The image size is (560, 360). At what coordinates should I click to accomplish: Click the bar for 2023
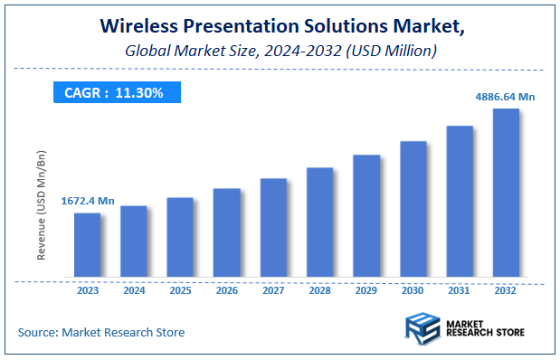(x=87, y=245)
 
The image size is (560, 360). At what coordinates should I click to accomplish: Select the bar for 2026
(x=226, y=232)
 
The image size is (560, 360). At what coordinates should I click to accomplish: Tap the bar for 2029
(x=366, y=216)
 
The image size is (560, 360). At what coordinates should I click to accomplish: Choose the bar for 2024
(x=134, y=242)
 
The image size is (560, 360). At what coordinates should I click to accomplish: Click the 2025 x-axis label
(x=180, y=291)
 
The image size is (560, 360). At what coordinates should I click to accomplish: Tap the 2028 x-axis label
(x=319, y=291)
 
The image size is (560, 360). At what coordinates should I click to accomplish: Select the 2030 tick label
(x=413, y=291)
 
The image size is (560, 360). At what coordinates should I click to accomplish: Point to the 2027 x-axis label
(x=273, y=291)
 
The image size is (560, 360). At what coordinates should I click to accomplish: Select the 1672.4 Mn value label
(x=87, y=201)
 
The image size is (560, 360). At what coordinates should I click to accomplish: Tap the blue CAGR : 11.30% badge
(x=116, y=92)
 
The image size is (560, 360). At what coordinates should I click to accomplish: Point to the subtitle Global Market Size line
(x=280, y=52)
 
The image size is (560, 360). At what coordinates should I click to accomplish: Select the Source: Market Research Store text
(x=101, y=332)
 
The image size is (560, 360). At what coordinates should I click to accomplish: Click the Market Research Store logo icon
(x=421, y=329)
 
